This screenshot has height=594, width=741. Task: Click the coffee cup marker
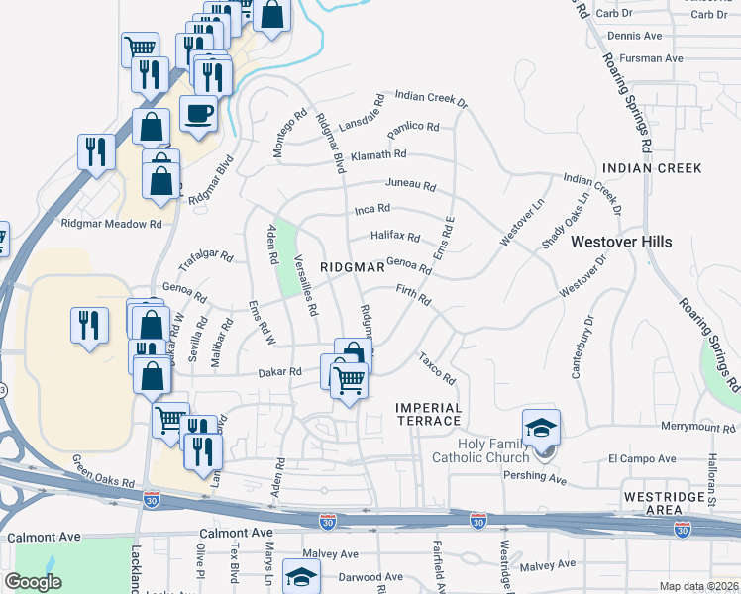(198, 114)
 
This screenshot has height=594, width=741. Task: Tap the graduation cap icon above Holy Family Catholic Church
(542, 428)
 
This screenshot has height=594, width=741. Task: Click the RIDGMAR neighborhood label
(352, 268)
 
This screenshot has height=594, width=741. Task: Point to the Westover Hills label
(621, 242)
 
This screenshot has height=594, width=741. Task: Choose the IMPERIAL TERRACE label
(428, 415)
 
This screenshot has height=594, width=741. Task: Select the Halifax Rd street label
(396, 238)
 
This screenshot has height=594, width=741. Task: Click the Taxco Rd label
(436, 368)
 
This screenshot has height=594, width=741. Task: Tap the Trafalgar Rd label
(205, 261)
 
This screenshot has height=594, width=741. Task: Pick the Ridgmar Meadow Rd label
(111, 225)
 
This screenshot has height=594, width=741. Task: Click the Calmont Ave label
(43, 537)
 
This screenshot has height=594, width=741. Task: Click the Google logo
(34, 582)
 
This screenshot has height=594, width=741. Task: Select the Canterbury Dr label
(580, 347)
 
